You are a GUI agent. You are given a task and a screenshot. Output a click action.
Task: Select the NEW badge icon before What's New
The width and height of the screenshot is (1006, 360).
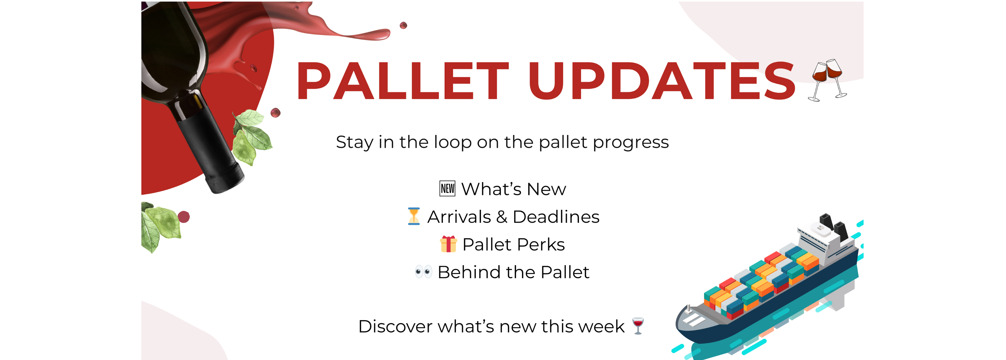[447, 189]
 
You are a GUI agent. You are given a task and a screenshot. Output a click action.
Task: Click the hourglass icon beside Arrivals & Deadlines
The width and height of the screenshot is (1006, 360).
[414, 216]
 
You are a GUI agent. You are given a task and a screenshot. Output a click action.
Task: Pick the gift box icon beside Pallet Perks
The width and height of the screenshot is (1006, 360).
[448, 244]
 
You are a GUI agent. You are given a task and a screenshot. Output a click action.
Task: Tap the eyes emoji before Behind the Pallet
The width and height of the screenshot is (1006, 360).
[423, 272]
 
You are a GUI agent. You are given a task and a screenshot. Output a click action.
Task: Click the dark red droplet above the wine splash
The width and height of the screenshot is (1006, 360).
[404, 25]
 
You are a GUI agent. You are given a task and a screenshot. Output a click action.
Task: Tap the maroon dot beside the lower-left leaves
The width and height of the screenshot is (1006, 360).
[183, 217]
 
